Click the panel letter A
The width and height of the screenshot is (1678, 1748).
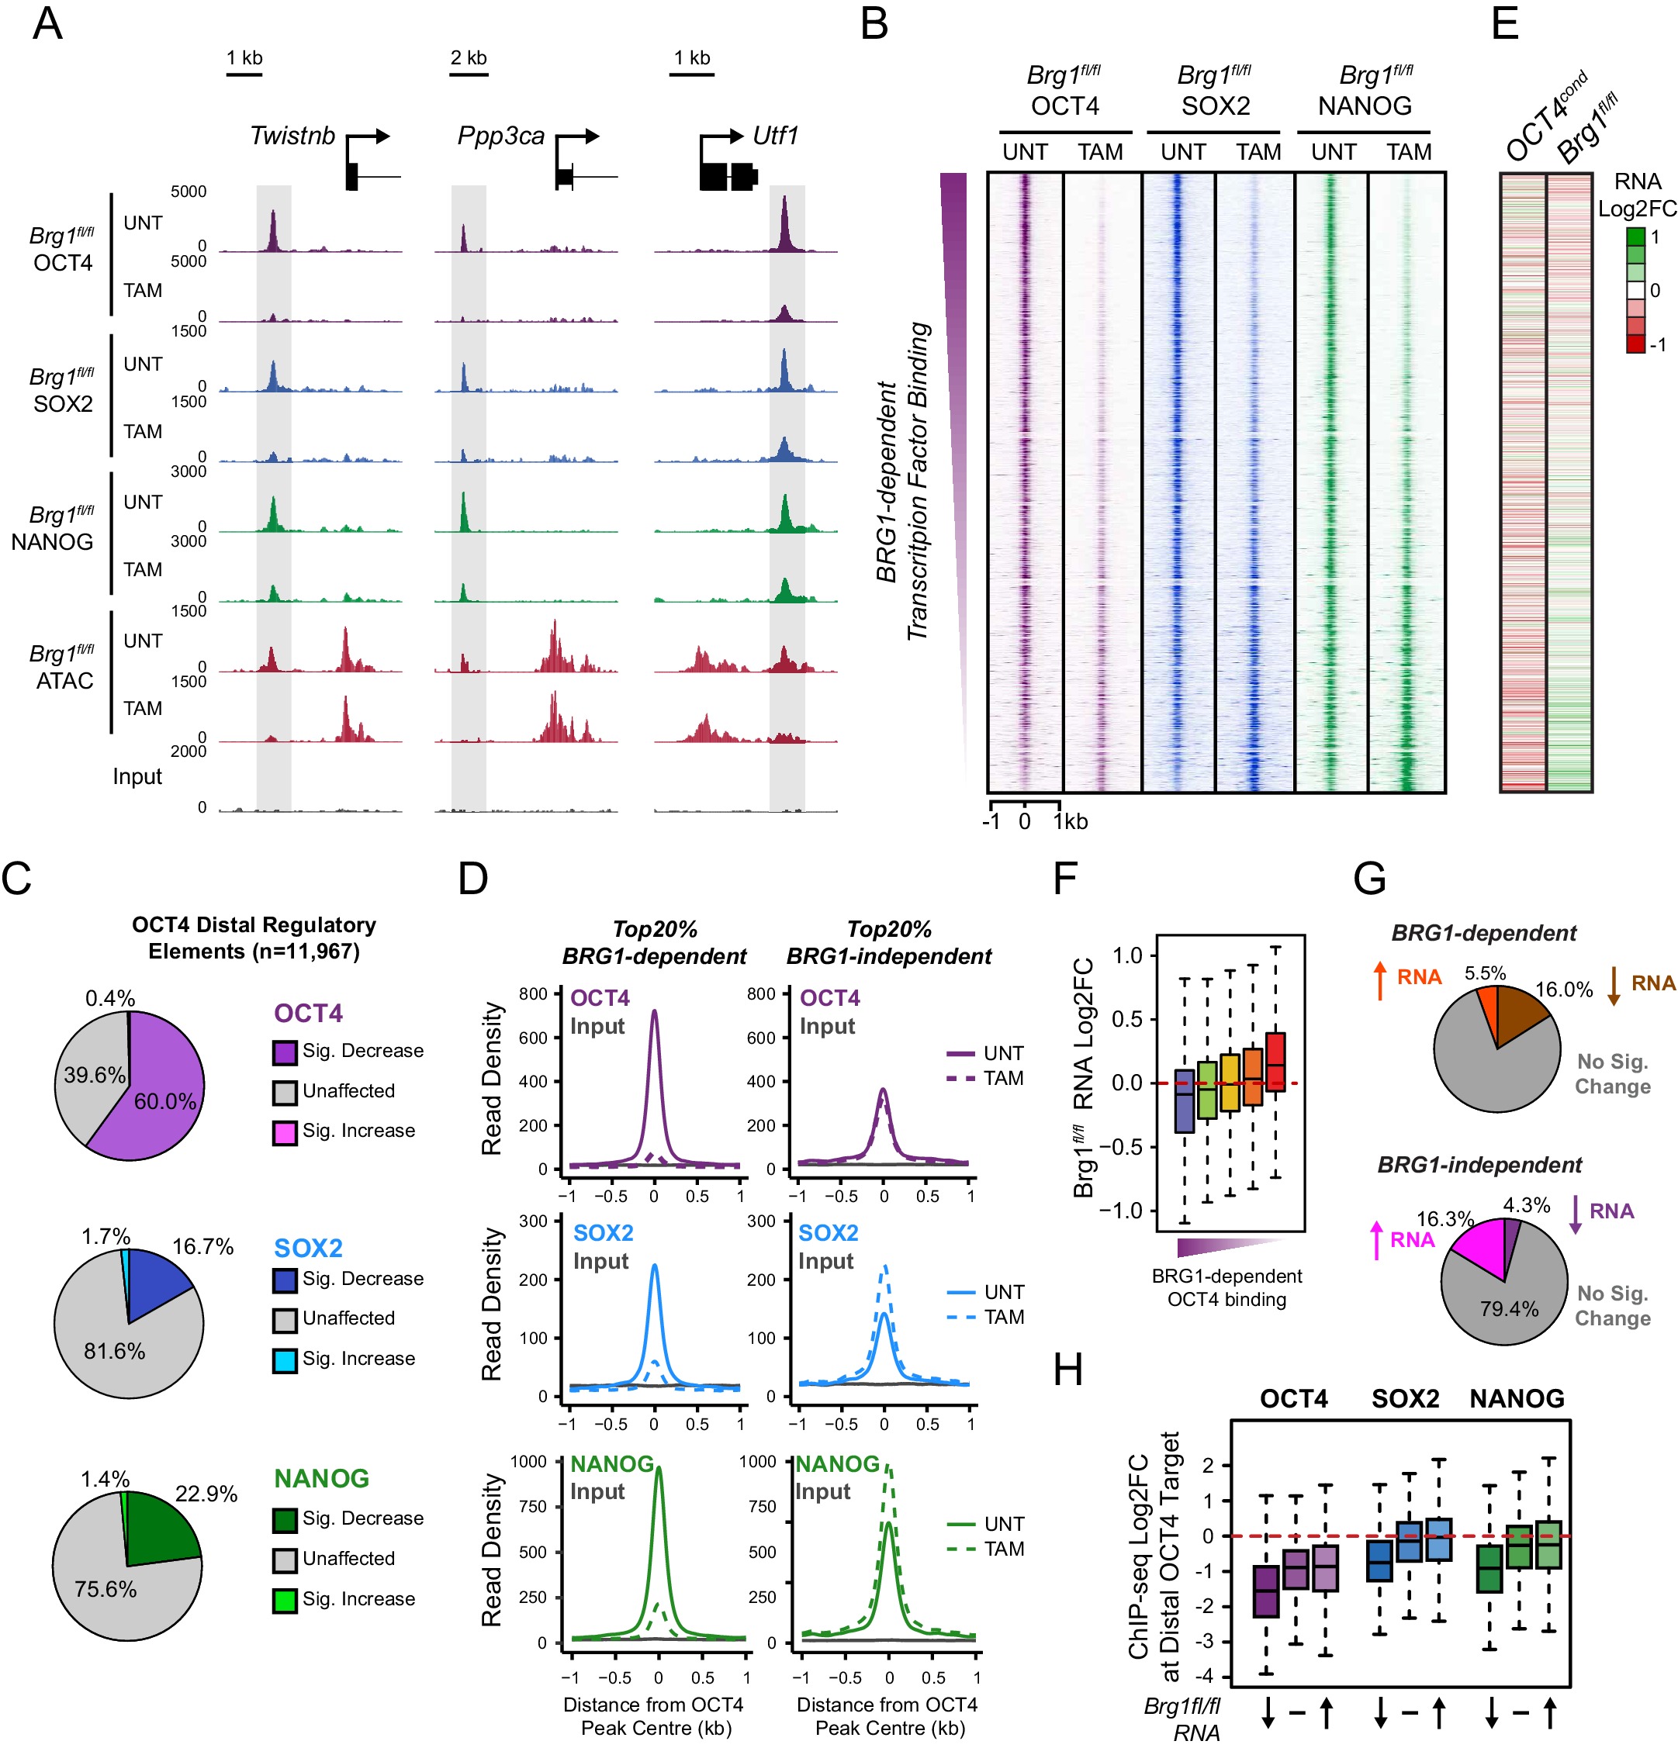47,23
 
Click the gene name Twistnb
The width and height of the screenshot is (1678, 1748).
292,136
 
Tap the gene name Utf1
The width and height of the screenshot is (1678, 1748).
774,136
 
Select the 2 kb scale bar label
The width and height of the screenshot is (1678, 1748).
469,58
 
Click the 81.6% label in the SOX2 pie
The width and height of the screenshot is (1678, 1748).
114,1351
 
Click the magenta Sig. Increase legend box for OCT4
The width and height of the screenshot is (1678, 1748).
285,1132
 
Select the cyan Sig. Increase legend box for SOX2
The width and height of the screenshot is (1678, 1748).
285,1361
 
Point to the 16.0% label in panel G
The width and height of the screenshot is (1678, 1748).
1563,989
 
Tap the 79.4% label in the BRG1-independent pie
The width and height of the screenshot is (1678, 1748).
1509,1308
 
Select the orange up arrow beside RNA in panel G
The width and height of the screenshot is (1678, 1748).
1380,980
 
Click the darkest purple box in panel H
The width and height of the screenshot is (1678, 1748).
1265,1591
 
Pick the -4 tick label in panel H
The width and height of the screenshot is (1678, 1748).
1207,1677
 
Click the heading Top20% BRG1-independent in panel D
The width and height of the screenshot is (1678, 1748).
888,943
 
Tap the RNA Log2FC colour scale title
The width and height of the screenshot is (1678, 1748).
1637,195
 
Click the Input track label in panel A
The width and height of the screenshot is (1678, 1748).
137,777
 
